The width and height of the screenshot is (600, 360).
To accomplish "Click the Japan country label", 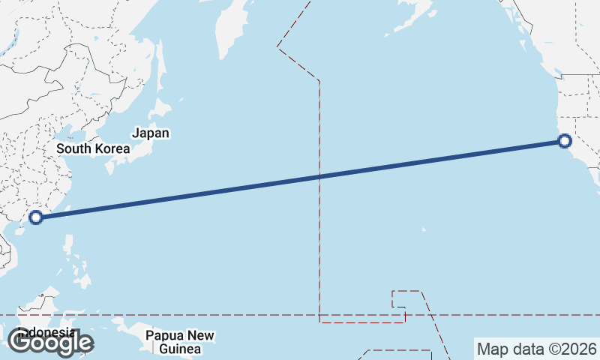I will [151, 133].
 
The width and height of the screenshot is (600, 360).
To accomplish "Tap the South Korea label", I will [93, 148].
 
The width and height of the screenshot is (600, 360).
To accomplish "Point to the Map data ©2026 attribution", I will [536, 349].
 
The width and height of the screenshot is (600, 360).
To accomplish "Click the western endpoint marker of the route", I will [35, 218].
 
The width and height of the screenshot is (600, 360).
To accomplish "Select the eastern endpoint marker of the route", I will [565, 140].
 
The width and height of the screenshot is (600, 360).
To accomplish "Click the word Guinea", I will [179, 349].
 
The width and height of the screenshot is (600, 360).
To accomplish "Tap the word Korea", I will [112, 148].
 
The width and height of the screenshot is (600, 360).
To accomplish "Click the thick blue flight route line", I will [225, 190].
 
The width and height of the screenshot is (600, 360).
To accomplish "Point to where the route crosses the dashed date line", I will [320, 176].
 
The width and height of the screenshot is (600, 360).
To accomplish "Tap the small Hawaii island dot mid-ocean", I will [423, 229].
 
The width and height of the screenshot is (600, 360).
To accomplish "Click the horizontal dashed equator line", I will [225, 315].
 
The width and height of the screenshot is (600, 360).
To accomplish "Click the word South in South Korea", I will [73, 148].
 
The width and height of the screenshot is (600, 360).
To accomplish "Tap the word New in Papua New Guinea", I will [200, 335].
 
